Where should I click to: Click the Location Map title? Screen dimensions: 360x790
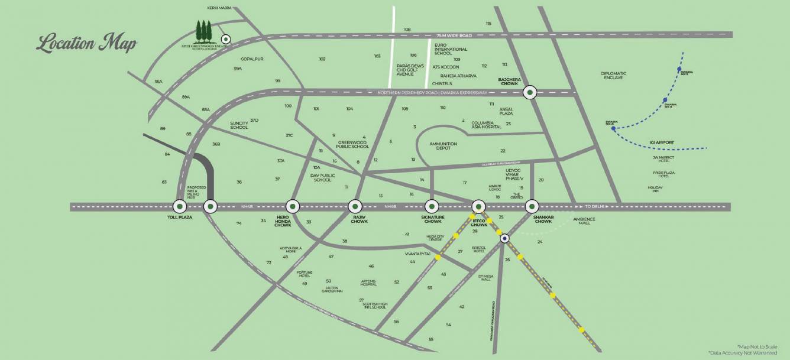86,44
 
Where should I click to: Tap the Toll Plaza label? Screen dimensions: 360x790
176,218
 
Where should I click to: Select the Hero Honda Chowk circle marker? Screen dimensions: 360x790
292,206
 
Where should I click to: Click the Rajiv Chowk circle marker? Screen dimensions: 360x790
355,206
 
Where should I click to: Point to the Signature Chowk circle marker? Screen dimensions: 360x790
432,206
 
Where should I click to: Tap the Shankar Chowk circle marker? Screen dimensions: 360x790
532,206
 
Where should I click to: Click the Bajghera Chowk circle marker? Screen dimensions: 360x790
530,92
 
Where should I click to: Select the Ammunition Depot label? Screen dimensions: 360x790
443,146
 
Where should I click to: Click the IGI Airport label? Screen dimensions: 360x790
662,142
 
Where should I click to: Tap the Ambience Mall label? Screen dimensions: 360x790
584,221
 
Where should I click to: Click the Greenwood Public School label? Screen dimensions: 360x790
354,144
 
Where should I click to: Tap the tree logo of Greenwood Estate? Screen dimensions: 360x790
204,31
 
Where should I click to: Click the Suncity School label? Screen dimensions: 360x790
239,125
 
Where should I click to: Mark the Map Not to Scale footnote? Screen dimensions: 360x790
757,346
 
